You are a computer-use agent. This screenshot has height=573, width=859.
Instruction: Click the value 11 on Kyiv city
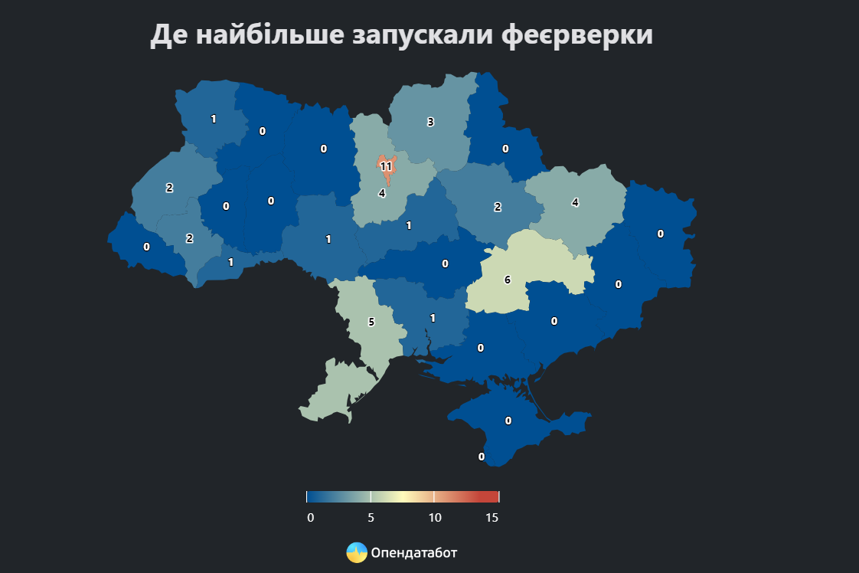point(386,166)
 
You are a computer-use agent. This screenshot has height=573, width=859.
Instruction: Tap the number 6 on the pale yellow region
point(508,280)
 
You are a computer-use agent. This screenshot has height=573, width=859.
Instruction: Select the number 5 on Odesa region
point(371,323)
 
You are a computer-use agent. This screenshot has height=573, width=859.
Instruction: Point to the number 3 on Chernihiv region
point(430,122)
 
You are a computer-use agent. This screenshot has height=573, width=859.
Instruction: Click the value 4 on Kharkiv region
point(575,203)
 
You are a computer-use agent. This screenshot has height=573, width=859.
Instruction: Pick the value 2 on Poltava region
point(498,207)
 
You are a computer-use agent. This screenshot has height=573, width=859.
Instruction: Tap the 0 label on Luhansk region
point(660,234)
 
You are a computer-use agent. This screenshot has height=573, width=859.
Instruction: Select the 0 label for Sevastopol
point(482,457)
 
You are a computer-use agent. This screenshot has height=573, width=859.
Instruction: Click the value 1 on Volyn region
point(214,119)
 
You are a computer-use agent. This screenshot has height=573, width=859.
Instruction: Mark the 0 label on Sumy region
point(505,149)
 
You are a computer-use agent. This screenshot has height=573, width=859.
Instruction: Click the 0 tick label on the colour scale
point(310,518)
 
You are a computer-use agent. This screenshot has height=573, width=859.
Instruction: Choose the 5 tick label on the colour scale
point(371,518)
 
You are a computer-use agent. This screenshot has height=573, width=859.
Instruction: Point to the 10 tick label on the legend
point(435,518)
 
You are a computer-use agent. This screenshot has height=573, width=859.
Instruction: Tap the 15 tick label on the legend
point(492,518)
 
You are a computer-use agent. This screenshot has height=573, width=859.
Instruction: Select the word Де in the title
point(167,35)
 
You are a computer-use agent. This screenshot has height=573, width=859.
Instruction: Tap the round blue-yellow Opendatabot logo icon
point(357,552)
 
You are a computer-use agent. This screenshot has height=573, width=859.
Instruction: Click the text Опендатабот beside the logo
point(414,552)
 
